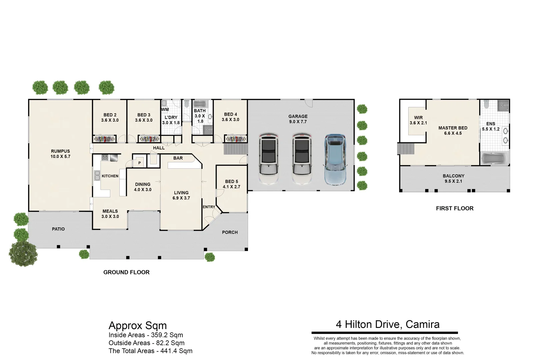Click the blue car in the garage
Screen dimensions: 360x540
[x=336, y=160]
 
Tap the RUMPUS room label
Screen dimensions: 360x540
[x=60, y=154]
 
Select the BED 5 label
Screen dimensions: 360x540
[x=231, y=184]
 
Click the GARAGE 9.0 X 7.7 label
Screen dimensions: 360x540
[x=298, y=119]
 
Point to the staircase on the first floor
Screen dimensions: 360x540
[x=405, y=148]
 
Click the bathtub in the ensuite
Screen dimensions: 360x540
[x=495, y=158]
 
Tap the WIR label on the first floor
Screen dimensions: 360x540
[x=418, y=120]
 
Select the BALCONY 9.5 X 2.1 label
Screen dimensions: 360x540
[x=453, y=178]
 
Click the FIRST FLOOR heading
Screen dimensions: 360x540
[x=455, y=208]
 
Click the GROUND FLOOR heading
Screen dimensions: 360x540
[x=126, y=272]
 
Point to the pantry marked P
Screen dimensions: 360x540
[x=139, y=163]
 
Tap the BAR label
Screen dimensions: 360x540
[x=178, y=158]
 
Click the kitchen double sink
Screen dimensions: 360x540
[x=97, y=175]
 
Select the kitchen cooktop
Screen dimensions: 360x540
[x=105, y=157]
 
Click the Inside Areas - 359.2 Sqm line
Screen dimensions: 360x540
[x=146, y=335]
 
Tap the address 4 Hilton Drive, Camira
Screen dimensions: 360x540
[x=387, y=324]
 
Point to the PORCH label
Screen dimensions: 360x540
[x=230, y=232]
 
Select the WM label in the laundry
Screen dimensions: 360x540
[x=165, y=109]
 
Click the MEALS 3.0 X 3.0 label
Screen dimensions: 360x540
[x=110, y=214]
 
